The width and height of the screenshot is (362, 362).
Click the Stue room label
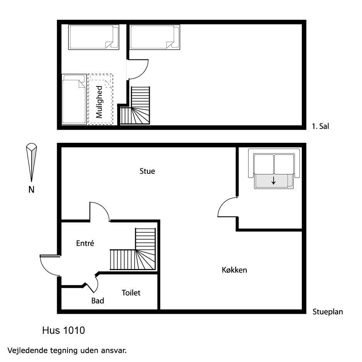[147, 171]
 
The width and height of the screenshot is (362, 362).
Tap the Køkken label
[234, 270]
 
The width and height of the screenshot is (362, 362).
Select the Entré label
[85, 243]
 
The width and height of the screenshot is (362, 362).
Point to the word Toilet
[131, 293]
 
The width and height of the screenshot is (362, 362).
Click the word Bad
[98, 301]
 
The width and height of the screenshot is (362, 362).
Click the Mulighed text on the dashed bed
[99, 102]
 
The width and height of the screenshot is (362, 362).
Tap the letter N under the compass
[31, 189]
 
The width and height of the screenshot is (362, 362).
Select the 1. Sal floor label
[320, 126]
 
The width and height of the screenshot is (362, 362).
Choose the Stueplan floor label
[328, 312]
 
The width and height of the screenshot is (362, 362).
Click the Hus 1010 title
[64, 330]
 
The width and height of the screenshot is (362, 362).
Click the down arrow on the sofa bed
[274, 181]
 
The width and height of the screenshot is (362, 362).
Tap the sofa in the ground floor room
[274, 169]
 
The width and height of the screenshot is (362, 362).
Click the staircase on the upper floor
[135, 105]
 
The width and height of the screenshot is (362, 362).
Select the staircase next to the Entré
[133, 249]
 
